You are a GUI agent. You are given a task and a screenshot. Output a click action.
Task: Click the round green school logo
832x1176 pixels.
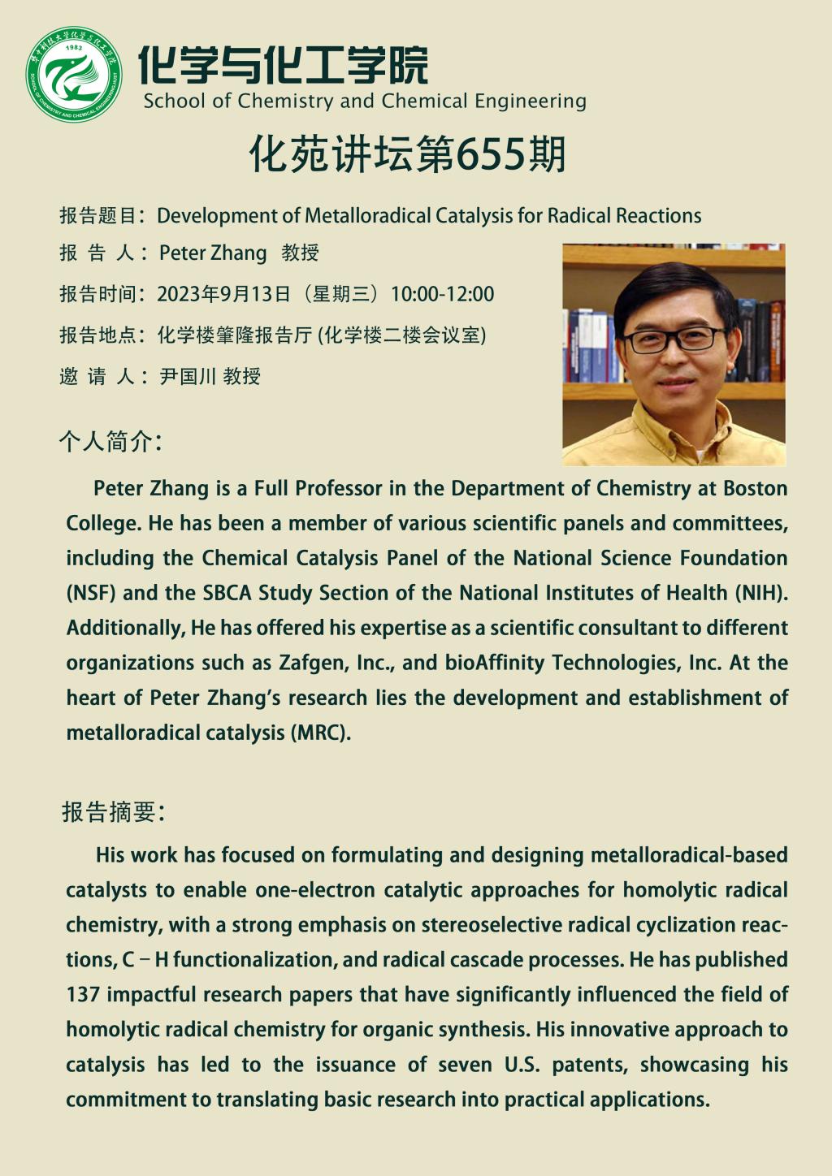[x=73, y=74]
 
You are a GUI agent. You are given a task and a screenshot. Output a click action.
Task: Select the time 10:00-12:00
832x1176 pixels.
[x=442, y=294]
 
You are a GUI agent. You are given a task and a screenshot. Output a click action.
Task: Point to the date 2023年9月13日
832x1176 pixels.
[x=223, y=294]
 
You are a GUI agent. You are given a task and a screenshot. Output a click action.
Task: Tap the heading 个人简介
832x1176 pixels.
[x=110, y=441]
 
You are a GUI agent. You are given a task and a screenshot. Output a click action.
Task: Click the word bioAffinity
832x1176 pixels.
[x=494, y=663]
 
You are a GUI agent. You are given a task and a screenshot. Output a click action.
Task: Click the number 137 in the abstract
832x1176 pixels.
[x=83, y=995]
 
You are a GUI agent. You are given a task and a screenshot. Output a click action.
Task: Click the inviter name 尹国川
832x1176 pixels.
[x=188, y=376]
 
